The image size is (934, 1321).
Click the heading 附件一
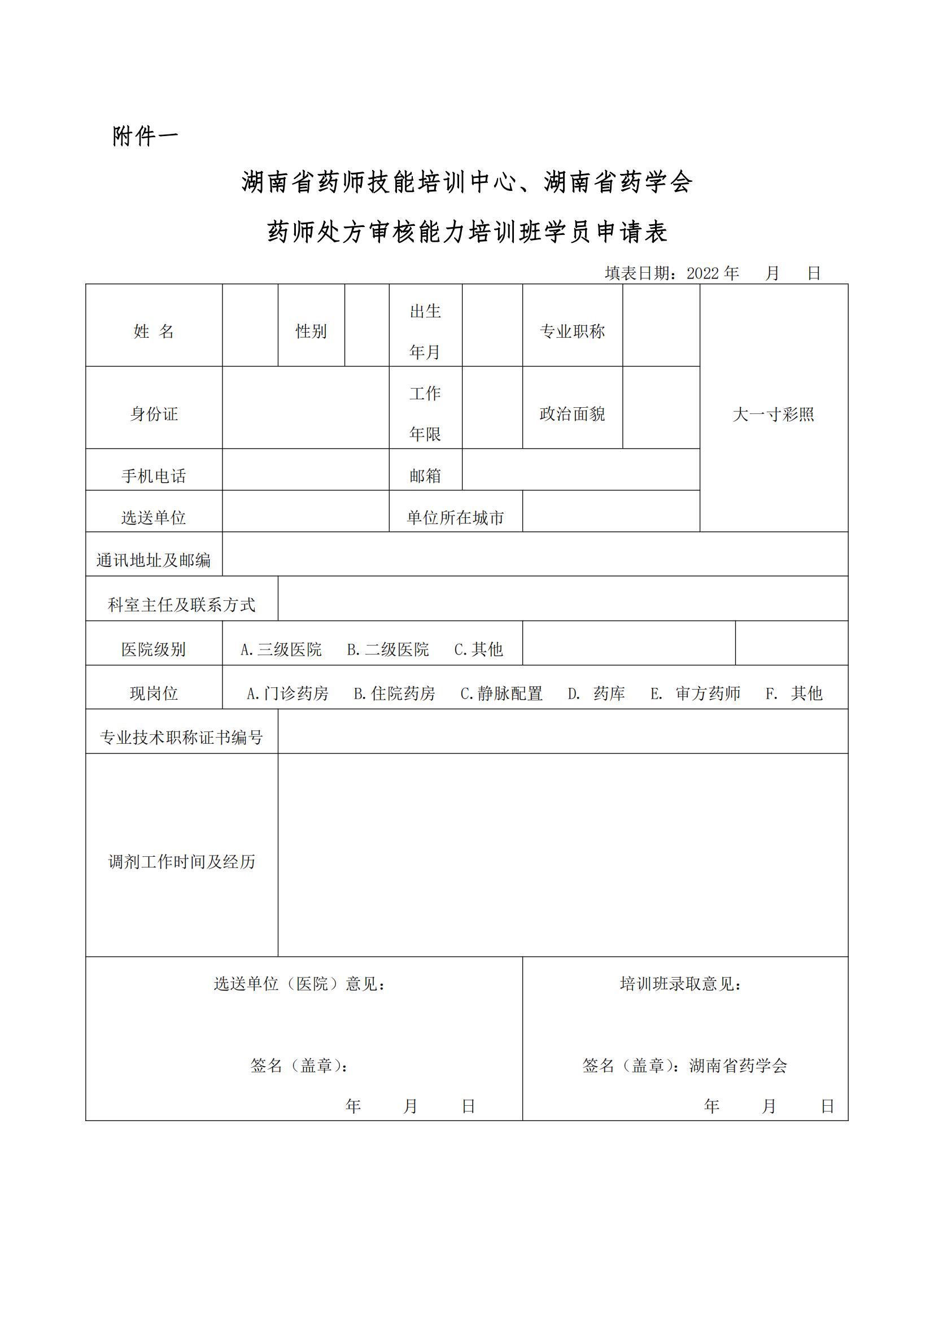click(x=145, y=136)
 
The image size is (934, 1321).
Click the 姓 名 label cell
click(x=154, y=332)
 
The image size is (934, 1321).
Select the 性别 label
click(x=311, y=332)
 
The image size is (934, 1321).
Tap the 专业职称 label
click(x=571, y=332)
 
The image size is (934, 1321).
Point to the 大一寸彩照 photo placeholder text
click(x=773, y=414)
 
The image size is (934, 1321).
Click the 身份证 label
click(x=154, y=413)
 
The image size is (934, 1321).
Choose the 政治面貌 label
click(x=571, y=413)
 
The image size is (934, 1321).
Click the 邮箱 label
click(x=425, y=476)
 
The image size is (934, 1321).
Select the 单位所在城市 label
click(x=455, y=518)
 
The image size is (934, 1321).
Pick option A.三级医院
click(x=281, y=649)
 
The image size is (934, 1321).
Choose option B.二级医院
click(x=387, y=649)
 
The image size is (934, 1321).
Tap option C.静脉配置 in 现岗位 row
click(x=501, y=694)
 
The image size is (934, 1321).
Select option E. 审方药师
click(x=695, y=694)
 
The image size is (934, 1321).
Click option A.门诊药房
click(x=287, y=694)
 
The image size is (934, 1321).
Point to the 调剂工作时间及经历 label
click(x=182, y=862)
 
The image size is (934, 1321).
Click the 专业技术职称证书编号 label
click(x=182, y=738)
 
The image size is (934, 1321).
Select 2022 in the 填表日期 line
click(x=702, y=273)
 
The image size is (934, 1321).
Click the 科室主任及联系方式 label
click(x=182, y=605)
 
